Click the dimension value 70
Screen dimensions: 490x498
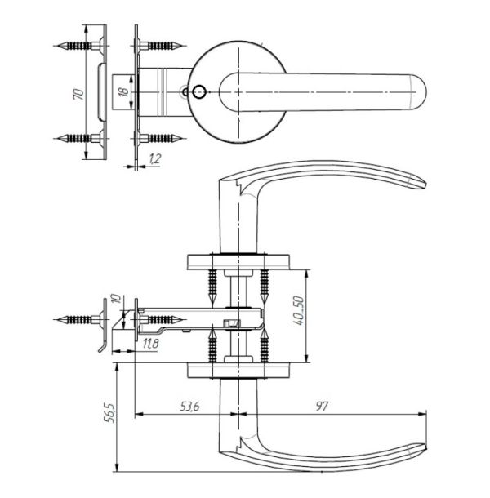78,95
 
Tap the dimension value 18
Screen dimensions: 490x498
123,91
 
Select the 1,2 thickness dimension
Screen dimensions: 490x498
154,158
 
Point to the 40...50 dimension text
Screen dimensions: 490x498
299,310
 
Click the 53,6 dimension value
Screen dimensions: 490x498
189,407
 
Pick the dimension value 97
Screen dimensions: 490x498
321,407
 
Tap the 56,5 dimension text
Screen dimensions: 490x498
109,413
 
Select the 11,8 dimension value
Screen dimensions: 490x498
150,344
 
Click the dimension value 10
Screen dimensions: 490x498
117,299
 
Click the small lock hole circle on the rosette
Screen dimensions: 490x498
199,92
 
